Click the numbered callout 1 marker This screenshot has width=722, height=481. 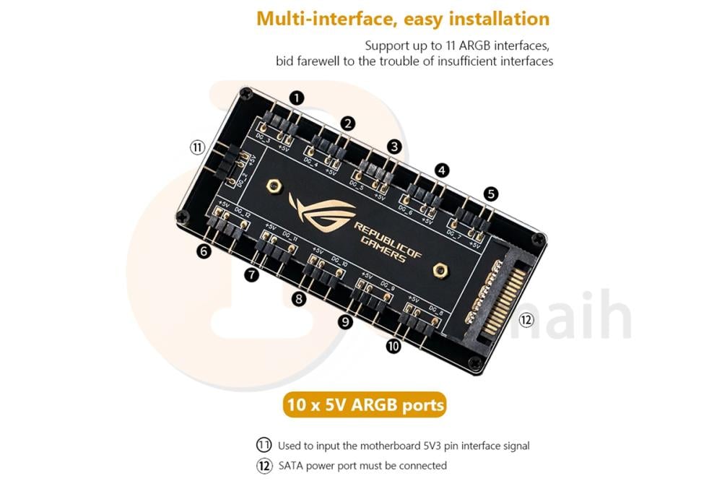pyautogui.click(x=297, y=97)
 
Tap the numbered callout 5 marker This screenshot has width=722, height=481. pyautogui.click(x=491, y=194)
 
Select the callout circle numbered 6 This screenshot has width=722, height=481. pyautogui.click(x=204, y=252)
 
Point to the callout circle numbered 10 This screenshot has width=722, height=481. pyautogui.click(x=393, y=347)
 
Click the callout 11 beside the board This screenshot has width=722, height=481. pyautogui.click(x=198, y=147)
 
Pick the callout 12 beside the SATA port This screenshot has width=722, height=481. pyautogui.click(x=527, y=319)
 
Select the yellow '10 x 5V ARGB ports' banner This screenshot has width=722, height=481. pyautogui.click(x=365, y=404)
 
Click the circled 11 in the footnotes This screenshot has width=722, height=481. pyautogui.click(x=265, y=446)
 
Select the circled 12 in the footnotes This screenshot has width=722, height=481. pyautogui.click(x=265, y=465)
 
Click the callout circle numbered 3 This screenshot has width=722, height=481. pyautogui.click(x=393, y=146)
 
